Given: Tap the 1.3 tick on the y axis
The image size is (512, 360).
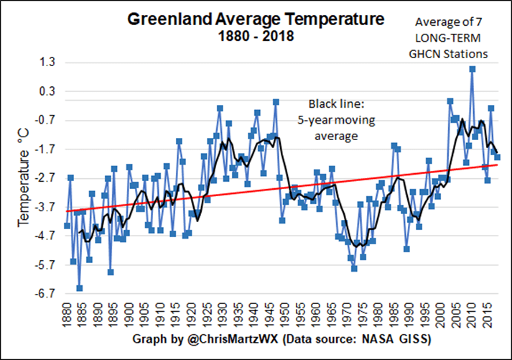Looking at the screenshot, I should [x=47, y=63].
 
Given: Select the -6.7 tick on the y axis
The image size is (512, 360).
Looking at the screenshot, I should [x=45, y=293].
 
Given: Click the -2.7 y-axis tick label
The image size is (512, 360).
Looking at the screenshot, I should [x=45, y=178].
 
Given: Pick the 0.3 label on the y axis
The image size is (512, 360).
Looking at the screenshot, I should [x=47, y=91].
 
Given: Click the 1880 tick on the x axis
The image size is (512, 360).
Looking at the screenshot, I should [x=67, y=313].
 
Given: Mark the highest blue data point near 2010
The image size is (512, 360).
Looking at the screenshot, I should [x=472, y=69].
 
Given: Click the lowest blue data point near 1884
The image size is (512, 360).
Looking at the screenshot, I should [x=79, y=288].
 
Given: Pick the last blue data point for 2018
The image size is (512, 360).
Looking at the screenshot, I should [x=497, y=157].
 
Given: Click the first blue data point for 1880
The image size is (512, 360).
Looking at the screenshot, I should [x=67, y=226].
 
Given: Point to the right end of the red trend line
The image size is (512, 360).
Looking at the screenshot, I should [x=497, y=165].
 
